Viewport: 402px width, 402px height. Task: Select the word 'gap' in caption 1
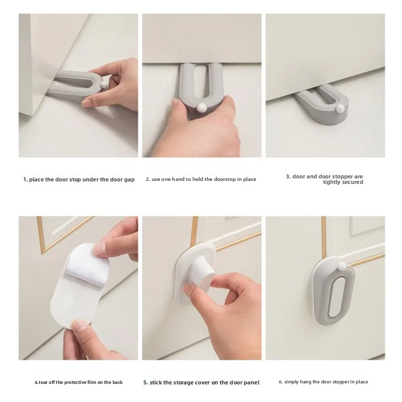[129, 179]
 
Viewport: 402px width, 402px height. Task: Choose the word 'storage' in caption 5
[185, 382]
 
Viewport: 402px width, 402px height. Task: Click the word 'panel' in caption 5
[251, 382]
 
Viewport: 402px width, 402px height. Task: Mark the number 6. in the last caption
[281, 382]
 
